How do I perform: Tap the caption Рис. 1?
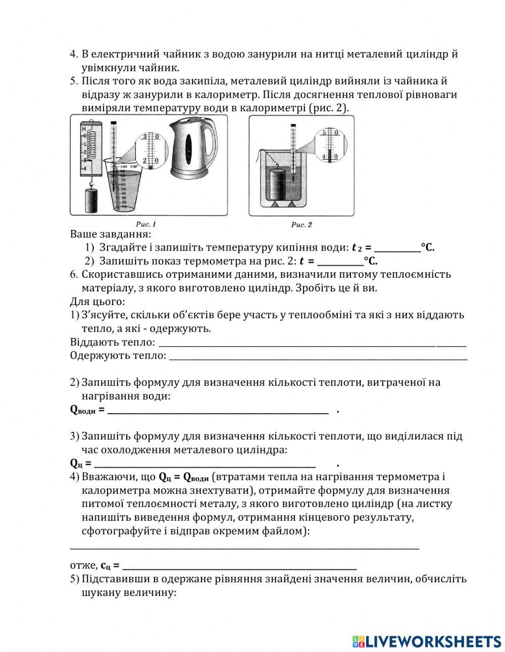(x=146, y=224)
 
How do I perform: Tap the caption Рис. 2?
(x=301, y=224)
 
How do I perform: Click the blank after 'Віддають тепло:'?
(x=312, y=343)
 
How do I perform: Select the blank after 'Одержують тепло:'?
(x=318, y=356)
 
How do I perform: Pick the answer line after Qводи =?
(x=218, y=410)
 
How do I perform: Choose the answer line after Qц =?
(x=205, y=464)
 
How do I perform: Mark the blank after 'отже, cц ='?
(x=239, y=566)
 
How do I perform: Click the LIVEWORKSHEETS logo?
(x=427, y=640)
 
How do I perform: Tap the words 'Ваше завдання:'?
(x=110, y=234)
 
